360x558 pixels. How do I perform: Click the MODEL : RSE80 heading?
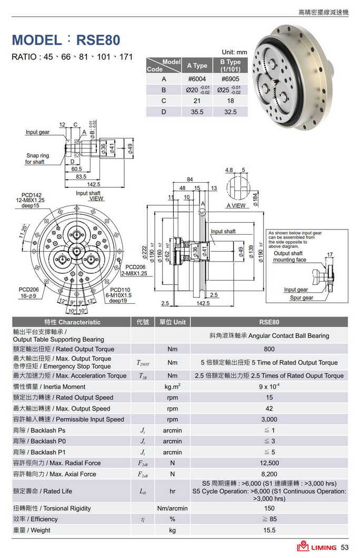[66, 40]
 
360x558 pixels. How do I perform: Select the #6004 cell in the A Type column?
[196, 79]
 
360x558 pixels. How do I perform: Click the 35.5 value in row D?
[197, 112]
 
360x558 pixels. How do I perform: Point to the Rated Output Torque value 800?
[269, 349]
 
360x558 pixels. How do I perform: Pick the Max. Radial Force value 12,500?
[269, 463]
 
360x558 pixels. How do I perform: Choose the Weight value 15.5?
[269, 530]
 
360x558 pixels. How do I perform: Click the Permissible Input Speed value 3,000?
[269, 420]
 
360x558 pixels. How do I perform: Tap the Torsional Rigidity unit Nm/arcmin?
[172, 509]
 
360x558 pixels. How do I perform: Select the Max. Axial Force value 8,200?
[269, 474]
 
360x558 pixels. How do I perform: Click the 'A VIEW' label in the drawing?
[236, 205]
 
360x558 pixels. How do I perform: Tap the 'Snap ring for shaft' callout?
[37, 159]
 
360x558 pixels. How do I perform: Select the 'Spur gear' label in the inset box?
[301, 298]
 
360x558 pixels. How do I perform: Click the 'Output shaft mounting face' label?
[289, 257]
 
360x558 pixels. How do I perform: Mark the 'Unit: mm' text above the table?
[234, 53]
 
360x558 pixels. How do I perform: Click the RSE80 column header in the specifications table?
[269, 322]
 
